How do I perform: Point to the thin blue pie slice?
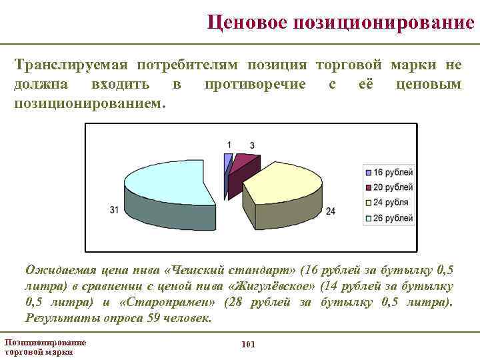click(x=228, y=163)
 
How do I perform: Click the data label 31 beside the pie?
click(x=115, y=210)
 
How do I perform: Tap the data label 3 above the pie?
click(x=252, y=145)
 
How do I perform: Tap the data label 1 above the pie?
click(x=229, y=145)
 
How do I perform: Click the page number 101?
click(x=247, y=344)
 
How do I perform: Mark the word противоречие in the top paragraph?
click(x=255, y=85)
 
